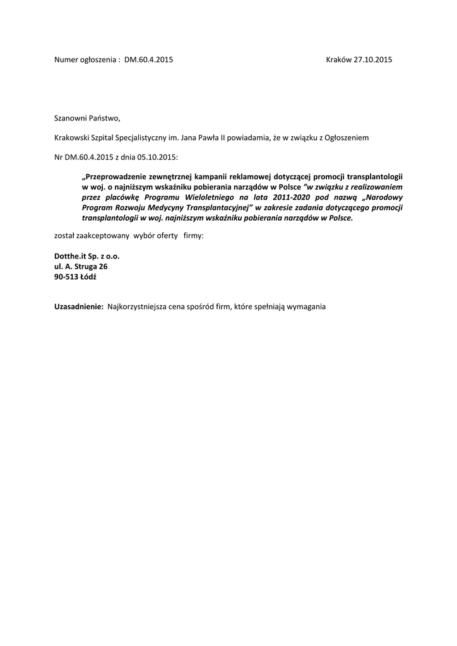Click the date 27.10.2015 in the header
(372, 60)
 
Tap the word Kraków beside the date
(338, 60)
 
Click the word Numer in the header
(66, 60)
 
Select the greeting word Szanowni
(71, 118)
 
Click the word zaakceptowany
(101, 235)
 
